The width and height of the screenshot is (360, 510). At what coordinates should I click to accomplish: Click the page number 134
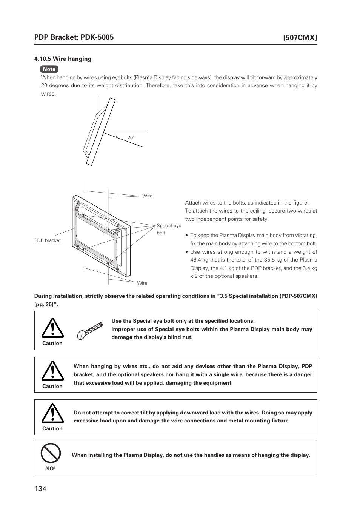click(x=40, y=489)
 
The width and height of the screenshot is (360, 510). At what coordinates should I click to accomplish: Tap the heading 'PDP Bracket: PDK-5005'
click(x=74, y=37)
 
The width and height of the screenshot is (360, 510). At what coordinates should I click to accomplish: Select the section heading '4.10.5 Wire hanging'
click(x=63, y=59)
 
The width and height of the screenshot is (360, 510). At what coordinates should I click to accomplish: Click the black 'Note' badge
click(x=49, y=69)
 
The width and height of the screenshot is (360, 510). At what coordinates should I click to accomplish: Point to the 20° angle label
click(x=131, y=138)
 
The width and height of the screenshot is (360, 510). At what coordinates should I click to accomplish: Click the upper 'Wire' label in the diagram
click(x=147, y=196)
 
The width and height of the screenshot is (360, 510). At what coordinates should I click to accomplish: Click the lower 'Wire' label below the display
click(x=142, y=283)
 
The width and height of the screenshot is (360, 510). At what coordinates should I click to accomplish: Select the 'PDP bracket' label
click(x=48, y=240)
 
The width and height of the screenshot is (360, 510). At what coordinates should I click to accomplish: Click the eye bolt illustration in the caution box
click(x=90, y=331)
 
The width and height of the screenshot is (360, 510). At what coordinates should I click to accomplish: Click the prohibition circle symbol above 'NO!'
click(x=51, y=453)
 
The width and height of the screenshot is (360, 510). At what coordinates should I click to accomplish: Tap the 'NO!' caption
click(x=50, y=468)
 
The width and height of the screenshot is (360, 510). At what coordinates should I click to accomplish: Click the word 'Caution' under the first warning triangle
click(x=52, y=343)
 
